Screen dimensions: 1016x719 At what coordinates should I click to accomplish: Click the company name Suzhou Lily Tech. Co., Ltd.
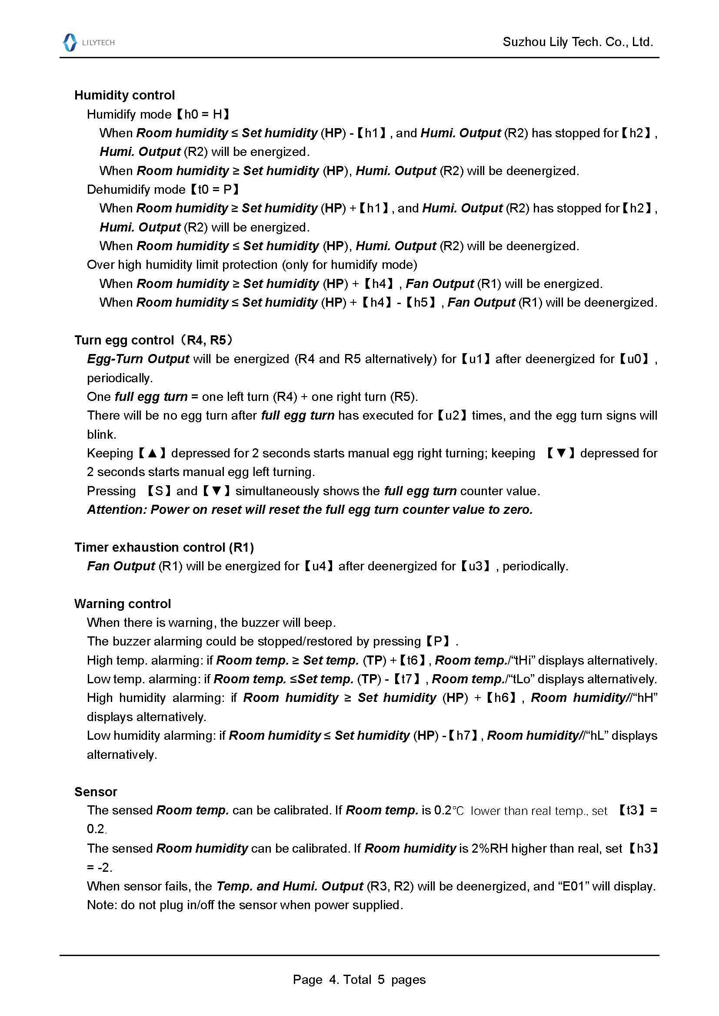[x=578, y=42]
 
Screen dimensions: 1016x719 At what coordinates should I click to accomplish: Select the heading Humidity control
[x=124, y=95]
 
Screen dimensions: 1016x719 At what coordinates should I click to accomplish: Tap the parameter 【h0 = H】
[x=202, y=114]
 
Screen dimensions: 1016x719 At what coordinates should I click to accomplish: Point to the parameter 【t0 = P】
[x=214, y=189]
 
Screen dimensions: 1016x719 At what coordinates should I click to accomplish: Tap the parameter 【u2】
[x=452, y=416]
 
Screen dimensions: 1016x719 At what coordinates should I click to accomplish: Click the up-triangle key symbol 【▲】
[x=152, y=453]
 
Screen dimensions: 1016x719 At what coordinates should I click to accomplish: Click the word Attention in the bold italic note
[x=116, y=510]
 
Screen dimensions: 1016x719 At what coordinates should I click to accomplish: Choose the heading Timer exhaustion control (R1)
[x=164, y=547]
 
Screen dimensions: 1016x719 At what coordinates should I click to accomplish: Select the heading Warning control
[x=123, y=604]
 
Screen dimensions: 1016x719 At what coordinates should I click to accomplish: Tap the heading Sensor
[x=96, y=792]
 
